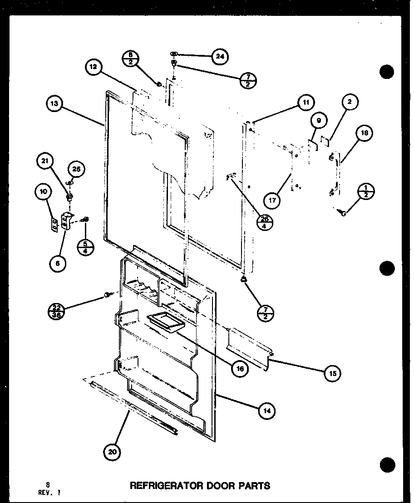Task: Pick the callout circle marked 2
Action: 350,103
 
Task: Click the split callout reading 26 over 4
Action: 265,221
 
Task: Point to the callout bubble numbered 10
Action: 44,193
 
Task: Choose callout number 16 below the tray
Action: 240,369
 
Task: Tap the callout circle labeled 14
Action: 267,411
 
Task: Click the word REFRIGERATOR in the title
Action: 166,485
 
